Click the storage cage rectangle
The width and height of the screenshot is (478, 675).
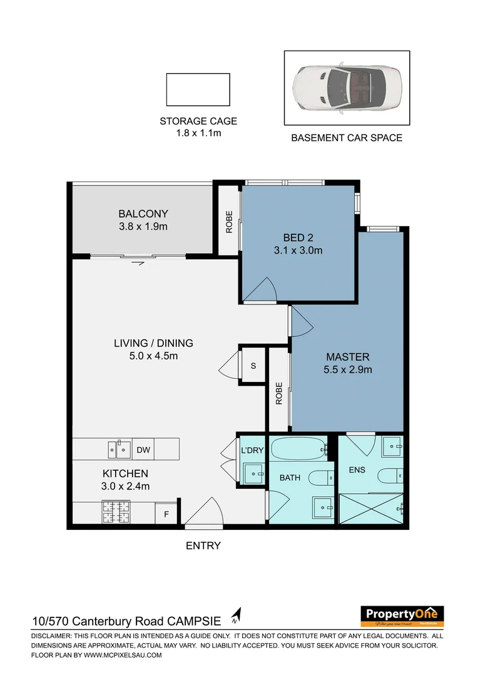pos(198,89)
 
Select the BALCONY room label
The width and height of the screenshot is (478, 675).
pos(143,213)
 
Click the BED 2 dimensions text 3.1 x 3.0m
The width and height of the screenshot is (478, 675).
pos(298,251)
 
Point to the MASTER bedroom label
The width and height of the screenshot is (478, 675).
pos(347,357)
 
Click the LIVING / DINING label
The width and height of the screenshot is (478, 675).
pos(153,343)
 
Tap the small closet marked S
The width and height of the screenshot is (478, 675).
pos(253,366)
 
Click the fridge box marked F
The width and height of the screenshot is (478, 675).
pos(166,514)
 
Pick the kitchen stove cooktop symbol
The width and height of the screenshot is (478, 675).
pos(115,513)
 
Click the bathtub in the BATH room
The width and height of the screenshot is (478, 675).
pos(297,449)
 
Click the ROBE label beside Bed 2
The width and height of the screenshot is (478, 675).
pos(229,221)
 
